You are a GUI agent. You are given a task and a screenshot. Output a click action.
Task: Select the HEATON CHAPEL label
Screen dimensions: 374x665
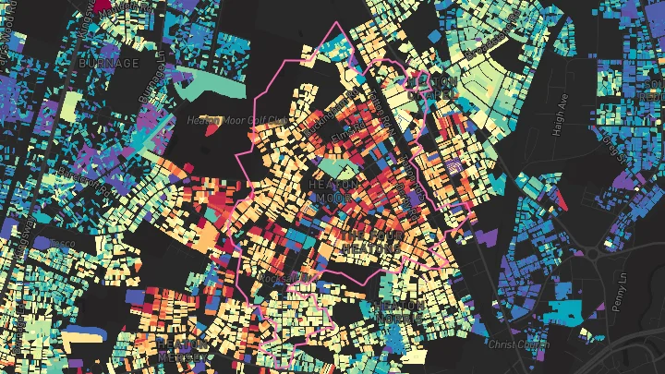[x=430, y=88]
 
